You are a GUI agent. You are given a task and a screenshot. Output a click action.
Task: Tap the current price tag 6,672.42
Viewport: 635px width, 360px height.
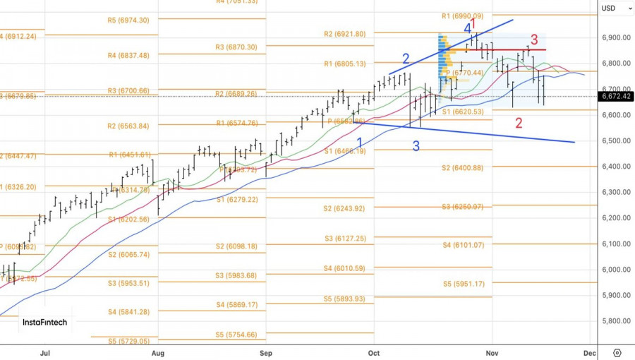(615, 97)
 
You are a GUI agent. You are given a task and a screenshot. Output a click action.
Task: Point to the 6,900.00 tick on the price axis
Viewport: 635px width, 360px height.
(615, 37)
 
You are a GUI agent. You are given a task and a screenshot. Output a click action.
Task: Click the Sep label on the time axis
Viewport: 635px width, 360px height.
(266, 352)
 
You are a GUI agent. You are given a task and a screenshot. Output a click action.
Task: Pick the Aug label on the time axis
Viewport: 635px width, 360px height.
(158, 352)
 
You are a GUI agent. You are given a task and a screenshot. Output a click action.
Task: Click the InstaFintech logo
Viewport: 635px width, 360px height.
(44, 323)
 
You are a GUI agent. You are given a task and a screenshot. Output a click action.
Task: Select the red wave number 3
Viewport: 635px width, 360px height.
(534, 40)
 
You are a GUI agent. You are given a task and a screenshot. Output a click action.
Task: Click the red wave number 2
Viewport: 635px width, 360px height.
(519, 123)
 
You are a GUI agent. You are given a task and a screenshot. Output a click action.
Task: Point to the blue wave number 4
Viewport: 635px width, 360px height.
(468, 28)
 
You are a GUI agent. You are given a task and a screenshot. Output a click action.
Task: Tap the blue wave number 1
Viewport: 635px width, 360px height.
(360, 143)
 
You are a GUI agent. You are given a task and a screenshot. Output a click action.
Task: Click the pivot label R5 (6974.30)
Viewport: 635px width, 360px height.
(128, 20)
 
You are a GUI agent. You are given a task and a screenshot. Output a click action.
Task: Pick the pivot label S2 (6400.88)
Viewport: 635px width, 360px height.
(462, 167)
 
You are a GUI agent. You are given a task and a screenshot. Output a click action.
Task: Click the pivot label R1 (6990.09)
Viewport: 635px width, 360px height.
(463, 16)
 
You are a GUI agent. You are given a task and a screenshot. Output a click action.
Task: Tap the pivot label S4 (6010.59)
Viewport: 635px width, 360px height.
(345, 268)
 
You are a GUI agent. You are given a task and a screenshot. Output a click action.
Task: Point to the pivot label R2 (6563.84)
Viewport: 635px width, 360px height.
(128, 126)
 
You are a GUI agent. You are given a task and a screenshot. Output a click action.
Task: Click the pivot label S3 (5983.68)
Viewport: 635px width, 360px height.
(236, 275)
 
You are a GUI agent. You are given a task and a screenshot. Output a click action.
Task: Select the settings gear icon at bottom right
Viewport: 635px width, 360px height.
(617, 352)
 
